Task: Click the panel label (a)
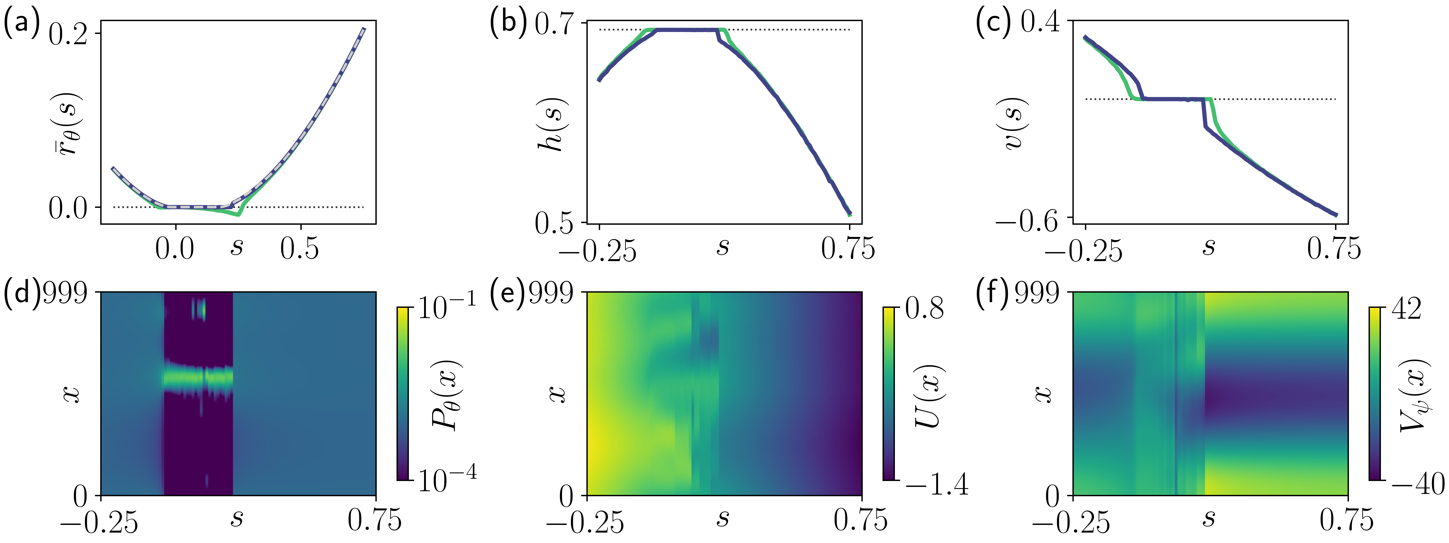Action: pos(21,25)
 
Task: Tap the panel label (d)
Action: pos(21,293)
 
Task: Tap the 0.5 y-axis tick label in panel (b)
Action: pos(554,223)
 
